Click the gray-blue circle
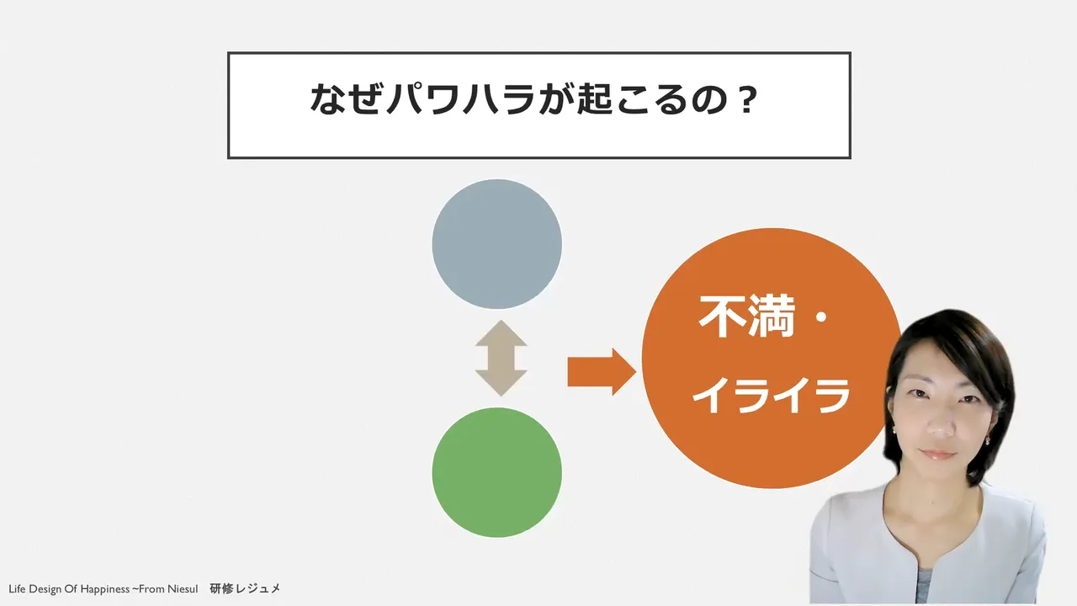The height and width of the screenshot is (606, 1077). click(496, 244)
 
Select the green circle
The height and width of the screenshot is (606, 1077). click(496, 472)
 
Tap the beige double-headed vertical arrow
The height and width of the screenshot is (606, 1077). click(501, 359)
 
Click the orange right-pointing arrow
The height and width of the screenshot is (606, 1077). click(602, 372)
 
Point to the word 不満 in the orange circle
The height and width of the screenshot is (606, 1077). click(747, 316)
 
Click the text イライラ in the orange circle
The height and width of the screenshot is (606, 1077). click(772, 396)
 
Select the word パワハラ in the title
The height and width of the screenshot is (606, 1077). click(460, 99)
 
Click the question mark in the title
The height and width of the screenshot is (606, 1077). click(746, 99)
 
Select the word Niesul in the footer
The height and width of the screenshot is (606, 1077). click(182, 588)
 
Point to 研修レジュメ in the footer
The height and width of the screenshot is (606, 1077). click(245, 588)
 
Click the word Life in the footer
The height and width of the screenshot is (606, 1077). click(17, 588)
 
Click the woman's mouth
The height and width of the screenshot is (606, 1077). click(937, 454)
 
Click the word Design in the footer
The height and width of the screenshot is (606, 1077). click(45, 589)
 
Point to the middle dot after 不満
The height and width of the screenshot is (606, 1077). click(822, 317)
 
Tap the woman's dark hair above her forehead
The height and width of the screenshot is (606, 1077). click(942, 332)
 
